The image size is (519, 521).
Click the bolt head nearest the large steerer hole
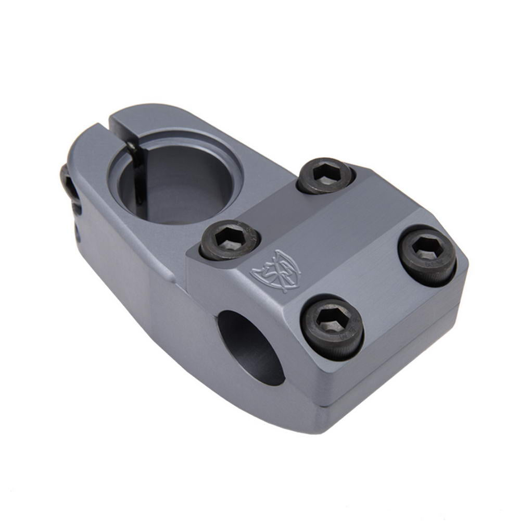pos(230,240)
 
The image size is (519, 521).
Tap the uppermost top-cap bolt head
pos(325,176)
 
